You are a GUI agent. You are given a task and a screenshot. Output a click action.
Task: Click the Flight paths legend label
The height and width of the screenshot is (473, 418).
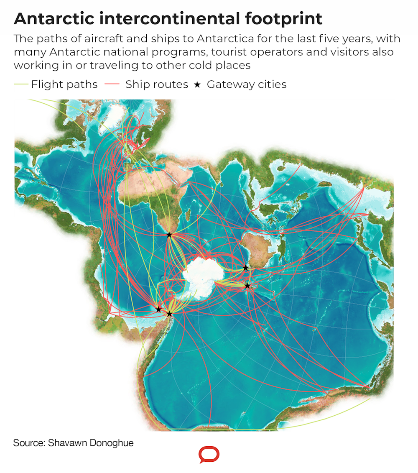[x=64, y=84]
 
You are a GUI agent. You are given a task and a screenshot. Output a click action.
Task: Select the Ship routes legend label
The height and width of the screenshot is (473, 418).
[x=157, y=84]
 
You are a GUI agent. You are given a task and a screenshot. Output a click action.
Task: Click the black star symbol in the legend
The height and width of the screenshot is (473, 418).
[x=197, y=85]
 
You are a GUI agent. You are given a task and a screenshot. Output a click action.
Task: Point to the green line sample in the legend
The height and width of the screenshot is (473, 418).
[x=21, y=84]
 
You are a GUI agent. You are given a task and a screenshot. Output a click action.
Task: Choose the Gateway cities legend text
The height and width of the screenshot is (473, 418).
[x=247, y=84]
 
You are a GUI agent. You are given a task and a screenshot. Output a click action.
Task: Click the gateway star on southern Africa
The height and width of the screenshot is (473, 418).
[x=169, y=235]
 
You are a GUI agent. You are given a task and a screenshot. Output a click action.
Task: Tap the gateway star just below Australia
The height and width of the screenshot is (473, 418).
[x=245, y=268]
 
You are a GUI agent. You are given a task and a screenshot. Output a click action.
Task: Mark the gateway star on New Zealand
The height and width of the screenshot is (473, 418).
[x=247, y=286]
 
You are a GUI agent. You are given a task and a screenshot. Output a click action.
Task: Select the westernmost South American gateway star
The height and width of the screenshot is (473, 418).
[x=158, y=309]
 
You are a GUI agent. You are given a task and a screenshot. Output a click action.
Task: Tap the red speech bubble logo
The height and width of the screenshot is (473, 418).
[x=209, y=455]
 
